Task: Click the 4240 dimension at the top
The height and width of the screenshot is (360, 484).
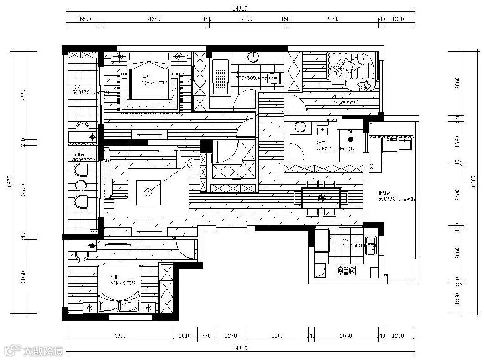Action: tap(154, 19)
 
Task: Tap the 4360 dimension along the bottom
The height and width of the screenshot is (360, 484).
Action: tap(120, 336)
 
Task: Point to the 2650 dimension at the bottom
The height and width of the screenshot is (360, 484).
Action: tap(346, 336)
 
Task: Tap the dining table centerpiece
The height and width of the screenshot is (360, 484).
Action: tap(321, 197)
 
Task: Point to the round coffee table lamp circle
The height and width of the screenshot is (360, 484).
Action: tap(148, 192)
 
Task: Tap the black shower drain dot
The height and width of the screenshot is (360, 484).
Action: tap(350, 138)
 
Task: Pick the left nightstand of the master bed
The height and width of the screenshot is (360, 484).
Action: tap(120, 57)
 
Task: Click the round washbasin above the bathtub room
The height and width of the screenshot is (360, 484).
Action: tap(253, 57)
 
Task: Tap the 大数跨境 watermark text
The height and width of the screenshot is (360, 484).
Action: tap(43, 351)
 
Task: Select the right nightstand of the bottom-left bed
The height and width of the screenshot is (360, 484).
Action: tap(147, 308)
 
